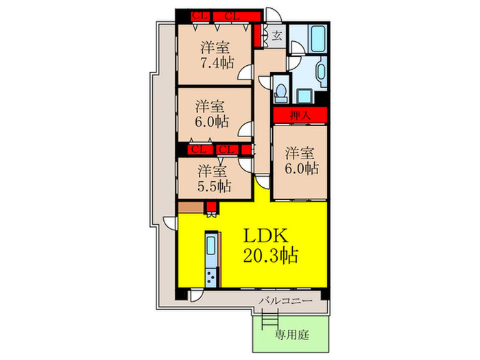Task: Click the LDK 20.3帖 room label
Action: coord(271,245)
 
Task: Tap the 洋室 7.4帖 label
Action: coord(217,55)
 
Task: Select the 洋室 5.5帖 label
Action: coord(214,178)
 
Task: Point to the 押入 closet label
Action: coord(300,115)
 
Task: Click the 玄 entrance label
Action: coord(277,36)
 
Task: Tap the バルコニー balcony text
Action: coord(286,301)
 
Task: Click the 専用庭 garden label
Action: coord(291,335)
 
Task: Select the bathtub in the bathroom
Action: coord(319,39)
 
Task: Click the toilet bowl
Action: coord(280,91)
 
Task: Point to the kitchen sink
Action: coord(211,245)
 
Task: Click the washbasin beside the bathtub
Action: coord(322,72)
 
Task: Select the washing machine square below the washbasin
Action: coord(304,97)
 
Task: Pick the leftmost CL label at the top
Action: coord(200,16)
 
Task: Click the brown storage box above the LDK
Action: coord(191,207)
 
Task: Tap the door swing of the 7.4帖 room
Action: coord(245,72)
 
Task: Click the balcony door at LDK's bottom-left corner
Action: coord(195,296)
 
